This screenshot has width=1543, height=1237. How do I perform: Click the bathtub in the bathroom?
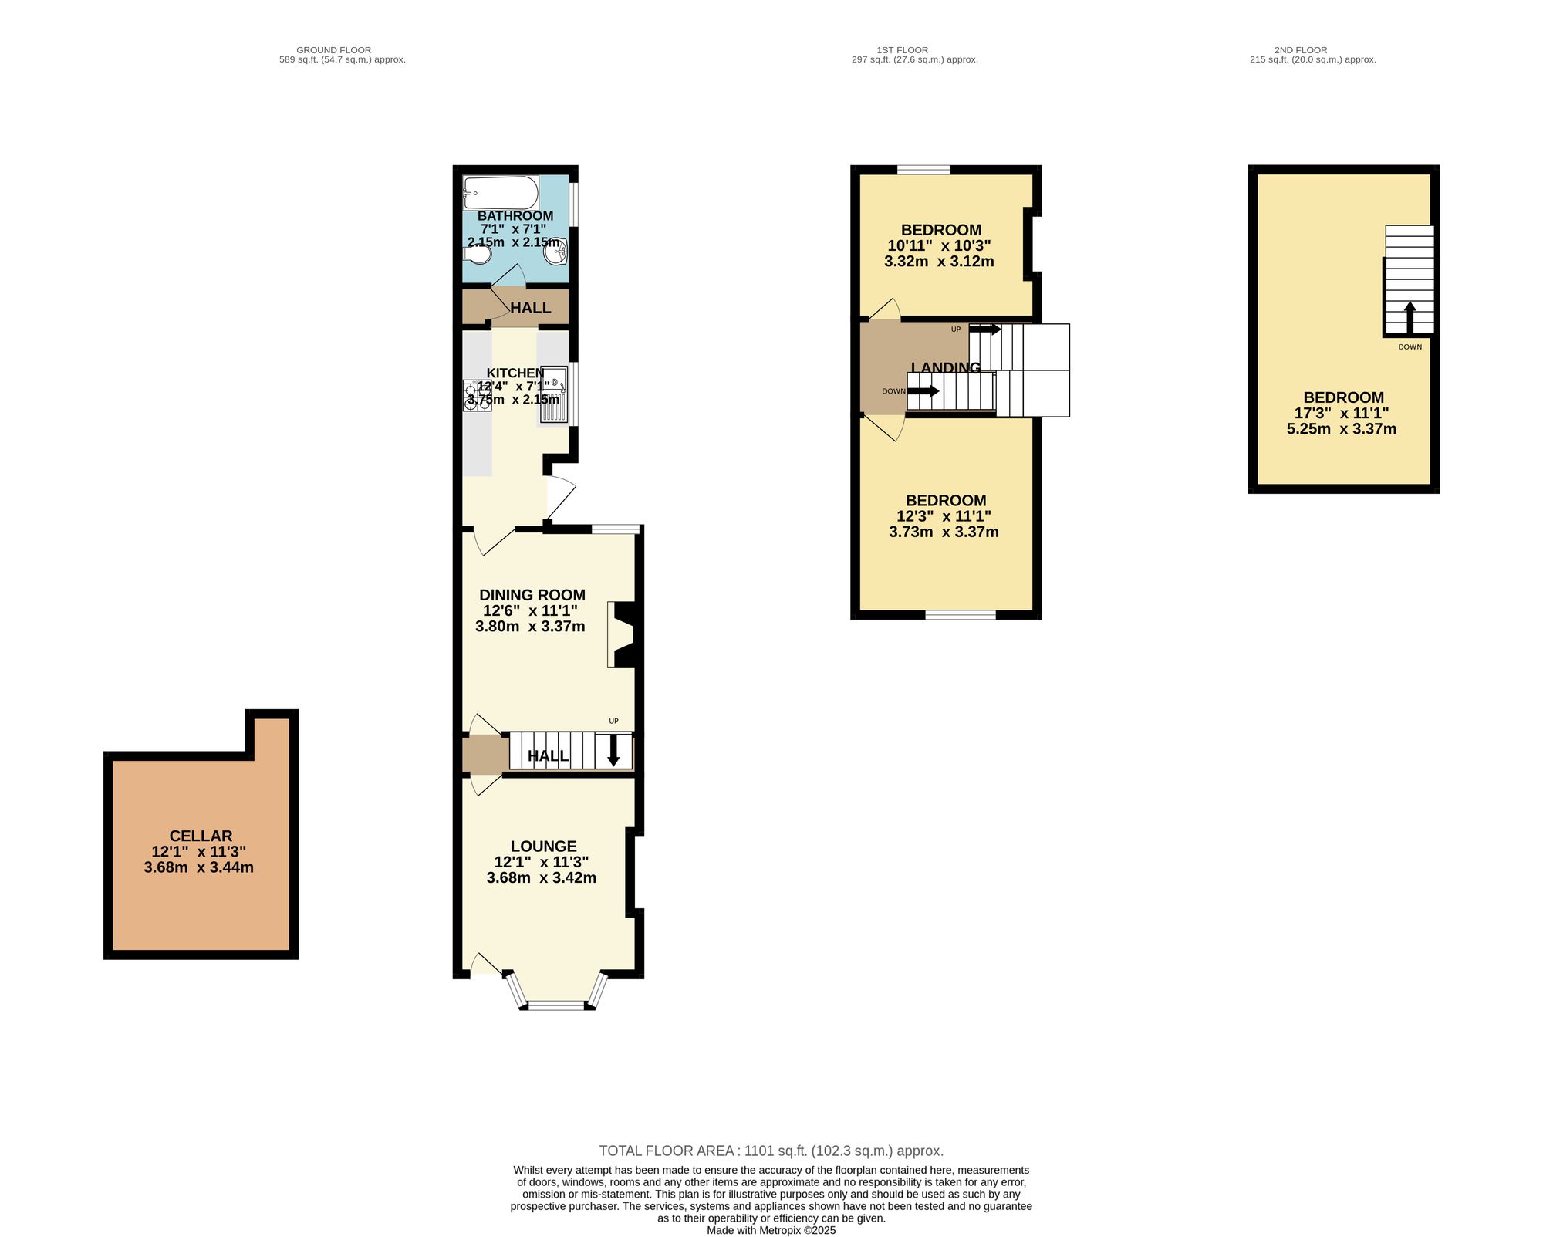500,192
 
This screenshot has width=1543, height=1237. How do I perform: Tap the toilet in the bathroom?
478,253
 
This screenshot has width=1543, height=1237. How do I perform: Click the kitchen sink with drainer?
554,394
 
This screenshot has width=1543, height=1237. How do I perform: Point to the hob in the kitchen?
471,395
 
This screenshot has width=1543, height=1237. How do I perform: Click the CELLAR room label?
201,836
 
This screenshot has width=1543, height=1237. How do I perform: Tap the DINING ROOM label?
532,595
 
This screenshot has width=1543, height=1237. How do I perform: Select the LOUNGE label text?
543,847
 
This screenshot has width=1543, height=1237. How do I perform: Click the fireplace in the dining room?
620,634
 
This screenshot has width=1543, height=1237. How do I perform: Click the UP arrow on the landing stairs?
984,330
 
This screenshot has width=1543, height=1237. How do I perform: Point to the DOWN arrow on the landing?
923,391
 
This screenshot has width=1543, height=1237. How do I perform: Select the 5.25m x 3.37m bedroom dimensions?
1342,429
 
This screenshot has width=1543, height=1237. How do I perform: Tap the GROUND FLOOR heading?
333,50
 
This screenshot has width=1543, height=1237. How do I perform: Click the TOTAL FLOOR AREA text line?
771,1151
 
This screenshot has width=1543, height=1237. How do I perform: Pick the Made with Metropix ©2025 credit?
771,1230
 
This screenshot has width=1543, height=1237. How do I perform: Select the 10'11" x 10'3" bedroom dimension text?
939,245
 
